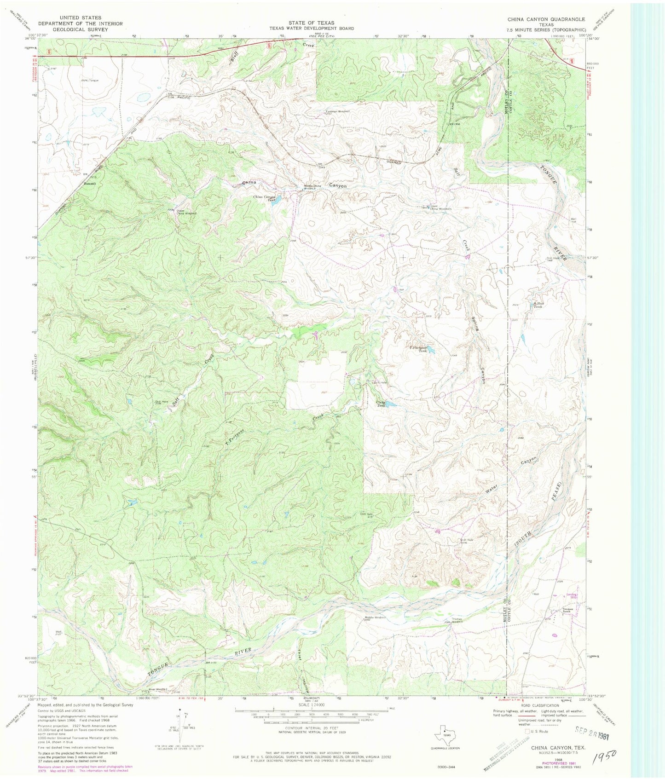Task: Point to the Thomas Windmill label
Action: pos(457,620)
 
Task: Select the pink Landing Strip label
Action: pos(572,595)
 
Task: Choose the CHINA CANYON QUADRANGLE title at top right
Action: pos(546,19)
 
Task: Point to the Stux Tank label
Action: pos(538,305)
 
